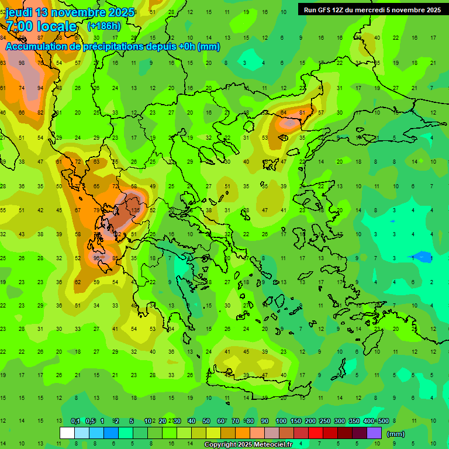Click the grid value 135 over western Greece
click(x=136, y=210)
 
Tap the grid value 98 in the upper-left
click(x=22, y=63)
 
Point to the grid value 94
click(x=40, y=88)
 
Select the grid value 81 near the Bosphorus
click(x=302, y=112)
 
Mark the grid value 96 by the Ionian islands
click(x=96, y=257)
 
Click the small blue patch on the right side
click(x=421, y=257)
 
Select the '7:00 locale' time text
click(x=41, y=26)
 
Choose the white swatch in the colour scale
click(x=67, y=433)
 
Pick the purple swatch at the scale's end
click(x=374, y=433)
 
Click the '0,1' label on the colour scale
click(x=75, y=421)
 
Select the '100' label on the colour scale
click(x=281, y=421)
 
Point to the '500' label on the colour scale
click(x=384, y=421)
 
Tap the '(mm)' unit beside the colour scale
click(x=396, y=434)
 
